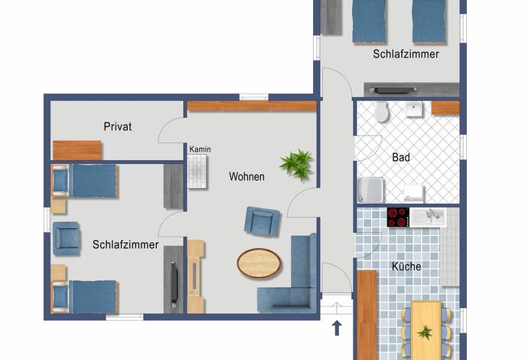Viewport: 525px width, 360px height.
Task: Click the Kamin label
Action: click(x=200, y=149)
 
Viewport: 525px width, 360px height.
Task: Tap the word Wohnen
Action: click(x=246, y=177)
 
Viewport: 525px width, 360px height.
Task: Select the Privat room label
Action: click(x=118, y=126)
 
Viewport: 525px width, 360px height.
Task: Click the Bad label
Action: click(x=401, y=157)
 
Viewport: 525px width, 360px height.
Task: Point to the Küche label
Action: click(x=406, y=267)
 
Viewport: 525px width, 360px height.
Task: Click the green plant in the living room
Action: click(x=297, y=164)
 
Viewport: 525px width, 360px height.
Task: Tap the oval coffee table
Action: click(x=259, y=263)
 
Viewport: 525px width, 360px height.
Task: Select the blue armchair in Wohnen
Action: click(x=262, y=221)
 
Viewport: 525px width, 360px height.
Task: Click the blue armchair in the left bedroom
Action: click(x=67, y=238)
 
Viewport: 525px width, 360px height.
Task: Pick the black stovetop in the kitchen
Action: click(x=398, y=218)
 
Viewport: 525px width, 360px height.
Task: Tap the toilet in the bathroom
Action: click(x=381, y=112)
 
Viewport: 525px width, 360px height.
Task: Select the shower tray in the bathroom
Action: click(x=370, y=191)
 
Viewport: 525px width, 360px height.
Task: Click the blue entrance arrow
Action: click(x=337, y=328)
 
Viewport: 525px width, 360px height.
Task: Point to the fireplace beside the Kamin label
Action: click(x=197, y=172)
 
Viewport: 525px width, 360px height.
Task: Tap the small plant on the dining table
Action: click(x=425, y=333)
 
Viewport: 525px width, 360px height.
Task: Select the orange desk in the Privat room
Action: click(x=77, y=150)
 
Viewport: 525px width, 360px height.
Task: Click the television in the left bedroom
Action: click(x=174, y=285)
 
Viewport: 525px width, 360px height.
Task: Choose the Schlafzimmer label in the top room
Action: click(x=406, y=54)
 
